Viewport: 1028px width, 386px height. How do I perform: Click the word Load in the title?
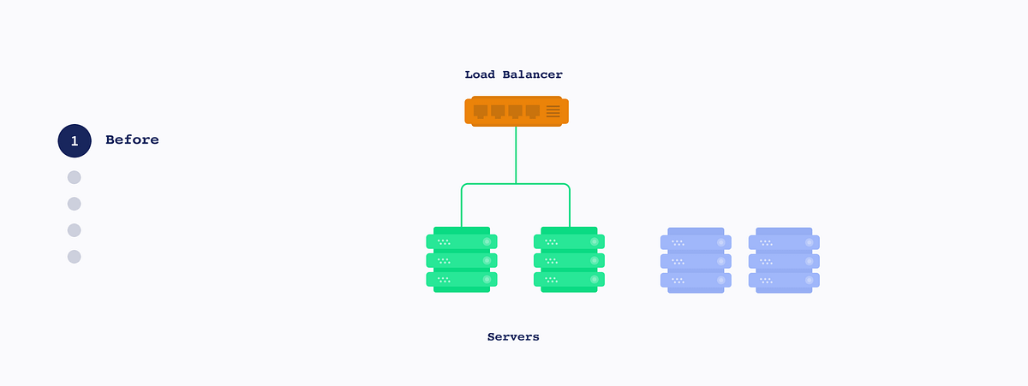(x=479, y=75)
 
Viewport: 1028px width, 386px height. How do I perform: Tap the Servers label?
(x=513, y=337)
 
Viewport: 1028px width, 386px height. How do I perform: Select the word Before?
(x=132, y=140)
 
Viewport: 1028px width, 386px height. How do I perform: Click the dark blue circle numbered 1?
(x=75, y=140)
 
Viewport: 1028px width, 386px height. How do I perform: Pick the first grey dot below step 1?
(x=75, y=177)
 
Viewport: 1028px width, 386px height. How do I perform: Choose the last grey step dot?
(x=75, y=257)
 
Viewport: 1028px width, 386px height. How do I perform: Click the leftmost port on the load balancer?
(x=481, y=111)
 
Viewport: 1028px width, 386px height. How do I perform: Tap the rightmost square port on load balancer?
(x=533, y=111)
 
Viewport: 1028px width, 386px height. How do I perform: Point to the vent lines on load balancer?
(x=553, y=111)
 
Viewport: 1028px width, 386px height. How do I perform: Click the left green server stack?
(x=462, y=260)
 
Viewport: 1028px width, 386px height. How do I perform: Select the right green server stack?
(x=569, y=260)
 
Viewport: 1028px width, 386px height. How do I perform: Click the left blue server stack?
(x=696, y=260)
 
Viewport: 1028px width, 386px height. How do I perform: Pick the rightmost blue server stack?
(x=784, y=260)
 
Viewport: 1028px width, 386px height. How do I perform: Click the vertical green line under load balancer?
(x=516, y=154)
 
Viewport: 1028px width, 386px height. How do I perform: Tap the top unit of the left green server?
(x=462, y=241)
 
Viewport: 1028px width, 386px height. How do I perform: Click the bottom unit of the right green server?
(x=569, y=279)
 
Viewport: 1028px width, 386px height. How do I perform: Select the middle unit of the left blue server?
(x=696, y=260)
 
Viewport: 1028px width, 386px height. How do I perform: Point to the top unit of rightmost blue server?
(x=784, y=241)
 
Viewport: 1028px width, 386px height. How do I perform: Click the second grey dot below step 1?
(x=75, y=204)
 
